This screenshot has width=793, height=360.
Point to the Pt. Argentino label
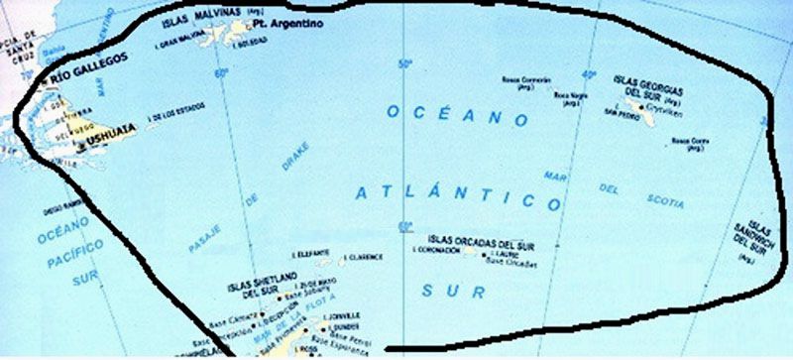click(294, 21)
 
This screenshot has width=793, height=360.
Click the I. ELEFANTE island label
click(312, 253)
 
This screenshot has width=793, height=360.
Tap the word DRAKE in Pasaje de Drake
click(295, 157)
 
